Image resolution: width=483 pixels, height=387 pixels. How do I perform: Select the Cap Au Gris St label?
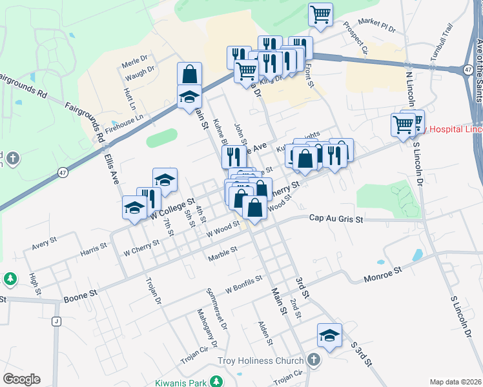pos(336,219)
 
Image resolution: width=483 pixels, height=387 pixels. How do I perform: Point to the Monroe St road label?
pos(381,273)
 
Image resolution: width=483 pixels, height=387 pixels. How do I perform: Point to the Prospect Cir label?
pos(356,40)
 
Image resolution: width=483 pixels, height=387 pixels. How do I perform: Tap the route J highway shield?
pos(56,322)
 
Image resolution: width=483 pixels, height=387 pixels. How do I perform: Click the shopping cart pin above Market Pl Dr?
pos(320,15)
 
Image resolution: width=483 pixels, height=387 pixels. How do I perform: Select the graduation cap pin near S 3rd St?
pos(329,335)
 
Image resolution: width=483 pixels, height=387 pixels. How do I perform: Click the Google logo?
pos(21,379)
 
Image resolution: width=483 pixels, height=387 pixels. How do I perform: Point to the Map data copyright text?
pos(455,382)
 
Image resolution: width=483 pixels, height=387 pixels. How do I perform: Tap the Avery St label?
pos(45,243)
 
